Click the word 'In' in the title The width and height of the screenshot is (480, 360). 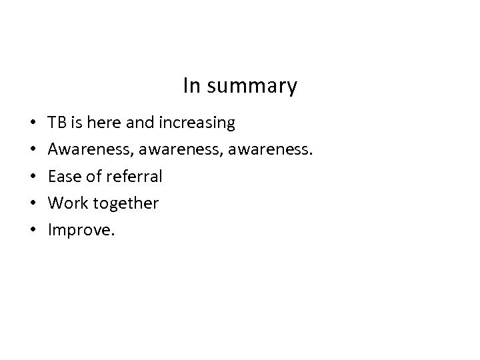click(x=191, y=86)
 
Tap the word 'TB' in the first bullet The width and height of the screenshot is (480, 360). click(x=57, y=123)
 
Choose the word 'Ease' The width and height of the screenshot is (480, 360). click(x=64, y=177)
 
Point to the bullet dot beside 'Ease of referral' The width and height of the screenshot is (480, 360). click(x=33, y=177)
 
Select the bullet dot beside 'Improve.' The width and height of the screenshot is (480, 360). click(x=33, y=231)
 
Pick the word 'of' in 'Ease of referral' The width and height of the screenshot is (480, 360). click(x=93, y=177)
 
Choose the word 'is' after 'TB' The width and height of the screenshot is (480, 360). click(x=75, y=123)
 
